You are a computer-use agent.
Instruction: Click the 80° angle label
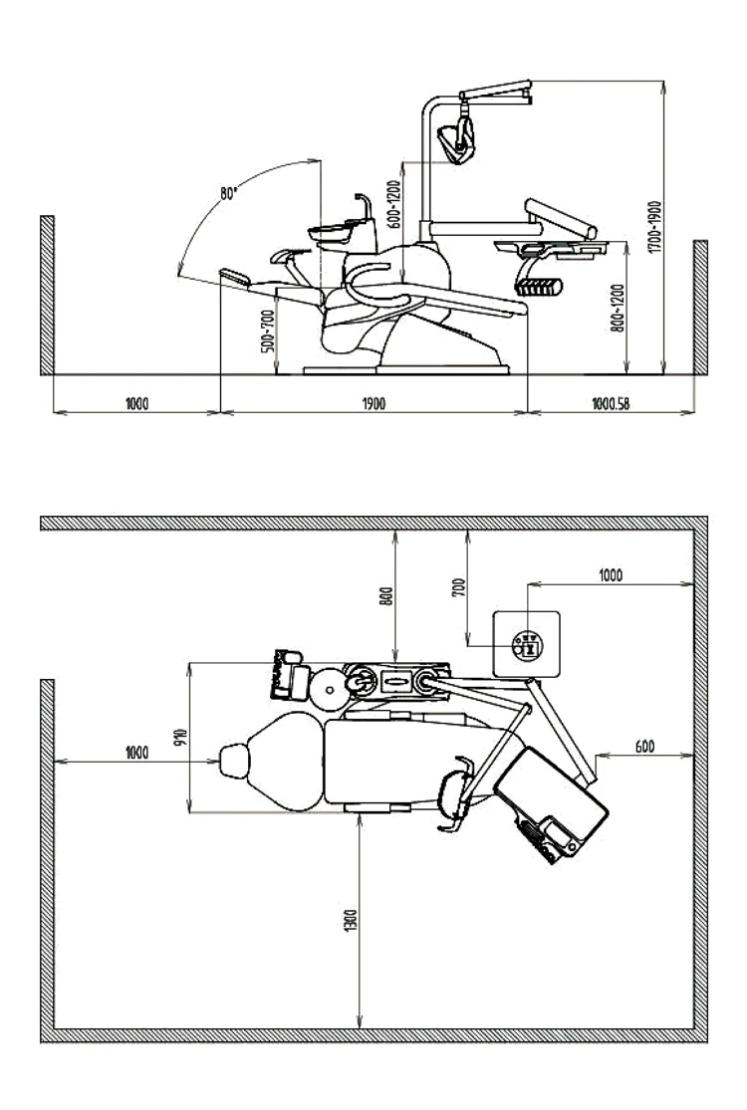click(231, 193)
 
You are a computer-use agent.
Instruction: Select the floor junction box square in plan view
click(529, 643)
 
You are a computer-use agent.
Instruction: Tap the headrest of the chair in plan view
click(235, 761)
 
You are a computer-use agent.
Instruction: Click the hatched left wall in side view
click(46, 295)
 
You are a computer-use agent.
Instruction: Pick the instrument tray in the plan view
click(551, 806)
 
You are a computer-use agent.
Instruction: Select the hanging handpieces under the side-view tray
click(538, 287)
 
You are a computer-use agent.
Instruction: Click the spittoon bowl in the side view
click(332, 232)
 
